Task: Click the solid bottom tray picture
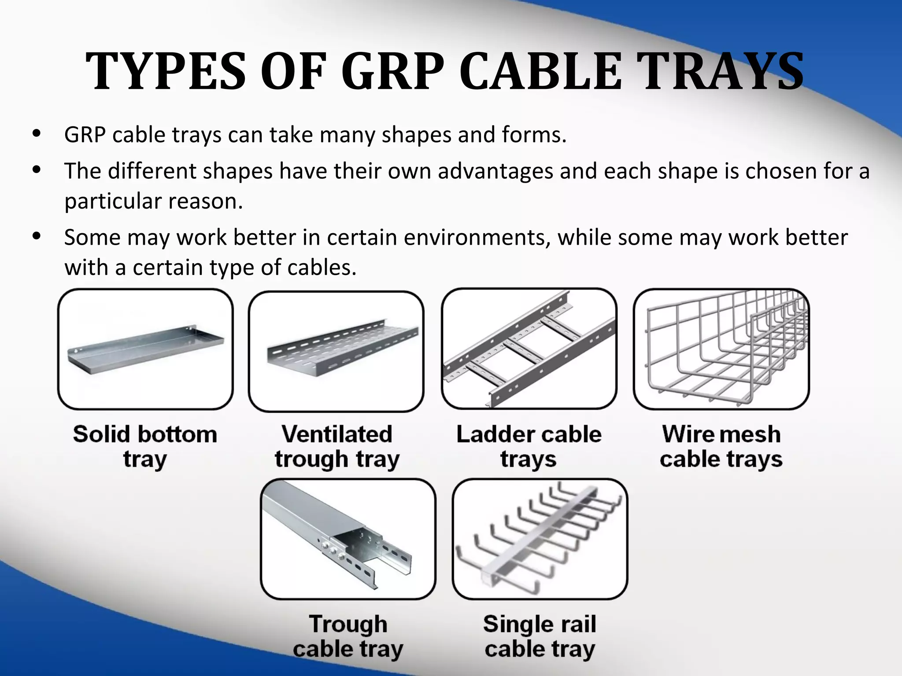pyautogui.click(x=145, y=349)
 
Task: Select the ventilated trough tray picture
pyautogui.click(x=336, y=351)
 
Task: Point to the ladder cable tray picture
pyautogui.click(x=529, y=349)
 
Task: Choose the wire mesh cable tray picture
pyautogui.click(x=721, y=349)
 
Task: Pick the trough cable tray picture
pyautogui.click(x=348, y=539)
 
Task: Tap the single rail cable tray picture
pyautogui.click(x=540, y=539)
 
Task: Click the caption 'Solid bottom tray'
pyautogui.click(x=145, y=446)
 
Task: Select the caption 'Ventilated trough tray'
pyautogui.click(x=337, y=446)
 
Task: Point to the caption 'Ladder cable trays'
pyautogui.click(x=529, y=446)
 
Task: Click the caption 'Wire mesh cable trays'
pyautogui.click(x=721, y=446)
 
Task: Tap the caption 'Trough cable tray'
pyautogui.click(x=348, y=636)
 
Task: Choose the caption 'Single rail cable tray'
pyautogui.click(x=540, y=636)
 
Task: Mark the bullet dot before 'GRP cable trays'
pyautogui.click(x=37, y=133)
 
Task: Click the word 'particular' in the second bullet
pyautogui.click(x=113, y=202)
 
